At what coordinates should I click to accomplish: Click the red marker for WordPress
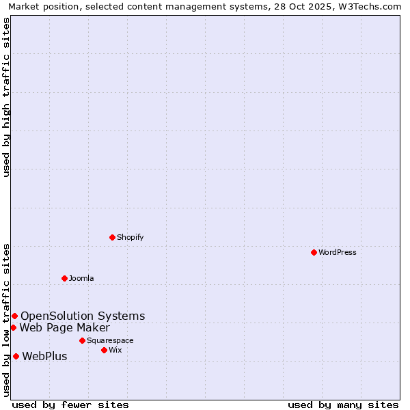pyautogui.click(x=314, y=252)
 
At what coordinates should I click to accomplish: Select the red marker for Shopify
pyautogui.click(x=112, y=237)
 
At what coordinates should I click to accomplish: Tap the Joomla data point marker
pyautogui.click(x=64, y=278)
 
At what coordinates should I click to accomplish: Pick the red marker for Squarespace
pyautogui.click(x=82, y=340)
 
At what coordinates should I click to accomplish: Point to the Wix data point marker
pyautogui.click(x=104, y=350)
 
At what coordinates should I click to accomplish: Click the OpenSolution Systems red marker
pyautogui.click(x=14, y=316)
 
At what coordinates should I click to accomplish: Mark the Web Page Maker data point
pyautogui.click(x=13, y=327)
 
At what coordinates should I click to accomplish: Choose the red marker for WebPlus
pyautogui.click(x=16, y=356)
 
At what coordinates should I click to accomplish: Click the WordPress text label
pyautogui.click(x=338, y=252)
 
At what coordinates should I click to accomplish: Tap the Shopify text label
pyautogui.click(x=130, y=237)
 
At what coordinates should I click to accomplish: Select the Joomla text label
pyautogui.click(x=81, y=278)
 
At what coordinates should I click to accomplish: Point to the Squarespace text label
pyautogui.click(x=110, y=340)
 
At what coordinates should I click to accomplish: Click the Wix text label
pyautogui.click(x=115, y=350)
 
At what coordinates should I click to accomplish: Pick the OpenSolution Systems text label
pyautogui.click(x=83, y=316)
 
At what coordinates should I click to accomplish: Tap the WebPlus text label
pyautogui.click(x=44, y=356)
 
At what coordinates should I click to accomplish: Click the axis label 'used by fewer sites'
pyautogui.click(x=70, y=405)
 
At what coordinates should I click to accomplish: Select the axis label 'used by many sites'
pyautogui.click(x=343, y=405)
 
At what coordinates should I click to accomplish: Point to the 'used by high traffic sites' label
pyautogui.click(x=6, y=97)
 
